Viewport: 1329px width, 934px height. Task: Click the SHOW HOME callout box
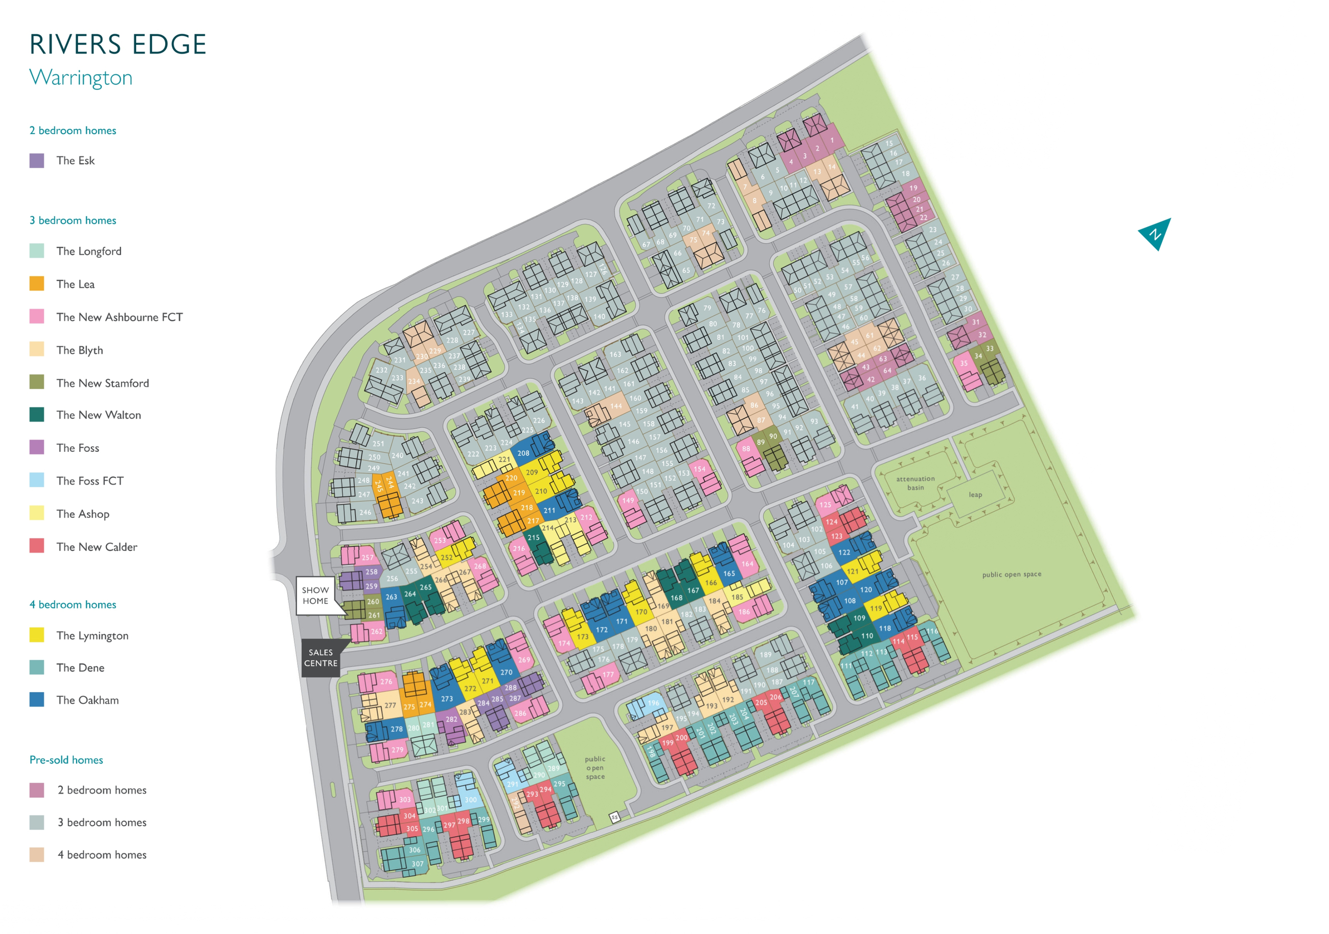tap(315, 595)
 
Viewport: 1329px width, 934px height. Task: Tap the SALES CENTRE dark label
tap(320, 658)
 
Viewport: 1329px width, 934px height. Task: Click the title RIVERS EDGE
tap(118, 44)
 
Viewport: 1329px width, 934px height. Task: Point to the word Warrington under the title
tap(81, 78)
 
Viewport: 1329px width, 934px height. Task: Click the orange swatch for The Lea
tap(36, 284)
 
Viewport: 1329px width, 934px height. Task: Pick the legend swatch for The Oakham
tap(36, 699)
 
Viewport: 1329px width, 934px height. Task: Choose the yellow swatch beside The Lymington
tap(36, 634)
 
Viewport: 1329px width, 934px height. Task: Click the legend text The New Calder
tap(97, 547)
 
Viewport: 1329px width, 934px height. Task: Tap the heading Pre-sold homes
tap(66, 760)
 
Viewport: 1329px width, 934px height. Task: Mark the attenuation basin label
tap(915, 483)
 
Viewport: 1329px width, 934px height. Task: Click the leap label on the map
tap(975, 494)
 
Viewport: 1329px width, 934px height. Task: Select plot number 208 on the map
tap(523, 453)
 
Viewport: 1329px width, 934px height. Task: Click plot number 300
tap(471, 800)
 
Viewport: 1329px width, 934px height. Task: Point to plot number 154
tap(699, 469)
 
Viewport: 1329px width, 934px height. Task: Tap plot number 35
tap(964, 363)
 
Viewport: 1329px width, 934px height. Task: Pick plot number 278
tap(397, 729)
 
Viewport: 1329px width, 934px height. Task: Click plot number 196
tap(653, 703)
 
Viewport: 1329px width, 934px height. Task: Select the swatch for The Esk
tap(36, 161)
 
